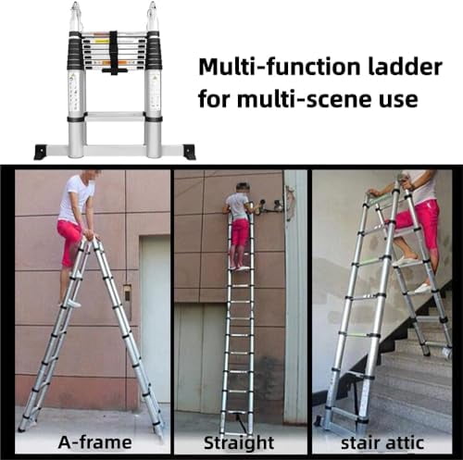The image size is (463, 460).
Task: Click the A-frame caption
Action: [94, 441]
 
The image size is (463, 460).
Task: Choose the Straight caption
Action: [240, 441]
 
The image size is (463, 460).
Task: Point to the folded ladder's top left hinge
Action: [77, 17]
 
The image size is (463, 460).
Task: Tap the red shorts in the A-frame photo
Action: [69, 241]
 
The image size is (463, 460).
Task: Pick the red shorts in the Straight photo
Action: [240, 232]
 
